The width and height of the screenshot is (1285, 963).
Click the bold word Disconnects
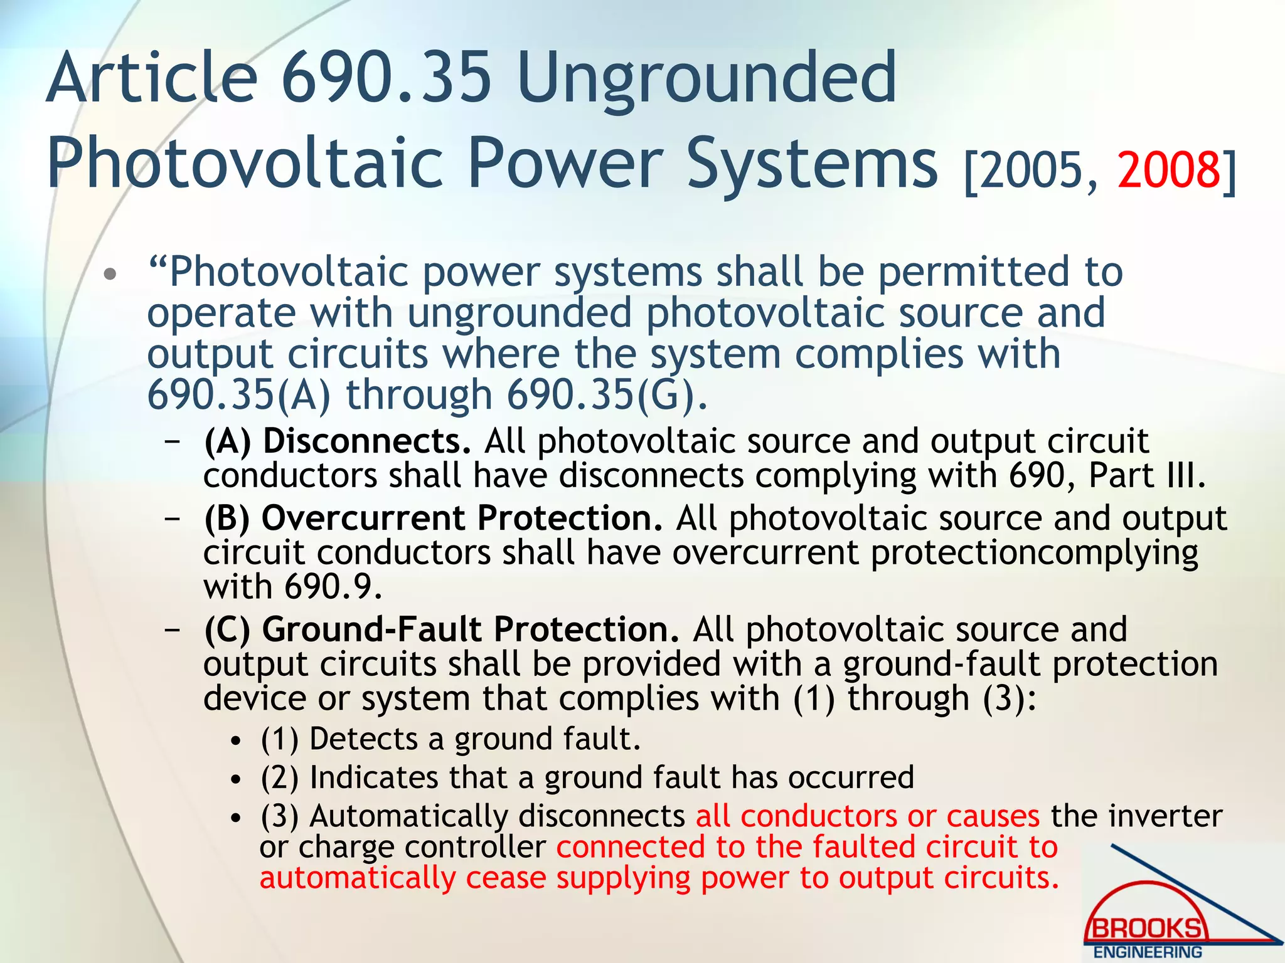(x=366, y=441)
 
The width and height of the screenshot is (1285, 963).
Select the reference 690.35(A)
(x=239, y=395)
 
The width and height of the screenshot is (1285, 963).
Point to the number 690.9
(x=333, y=587)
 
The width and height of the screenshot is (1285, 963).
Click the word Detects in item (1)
(x=363, y=739)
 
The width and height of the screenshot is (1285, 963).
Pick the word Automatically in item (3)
(x=408, y=816)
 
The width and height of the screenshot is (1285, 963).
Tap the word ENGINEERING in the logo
(x=1148, y=952)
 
